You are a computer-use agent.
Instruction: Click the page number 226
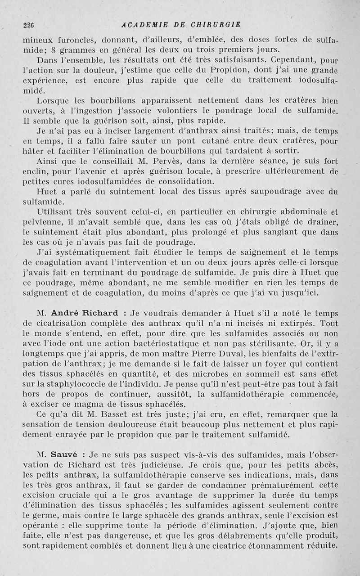(28, 25)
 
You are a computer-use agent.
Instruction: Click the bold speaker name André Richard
(85, 313)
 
